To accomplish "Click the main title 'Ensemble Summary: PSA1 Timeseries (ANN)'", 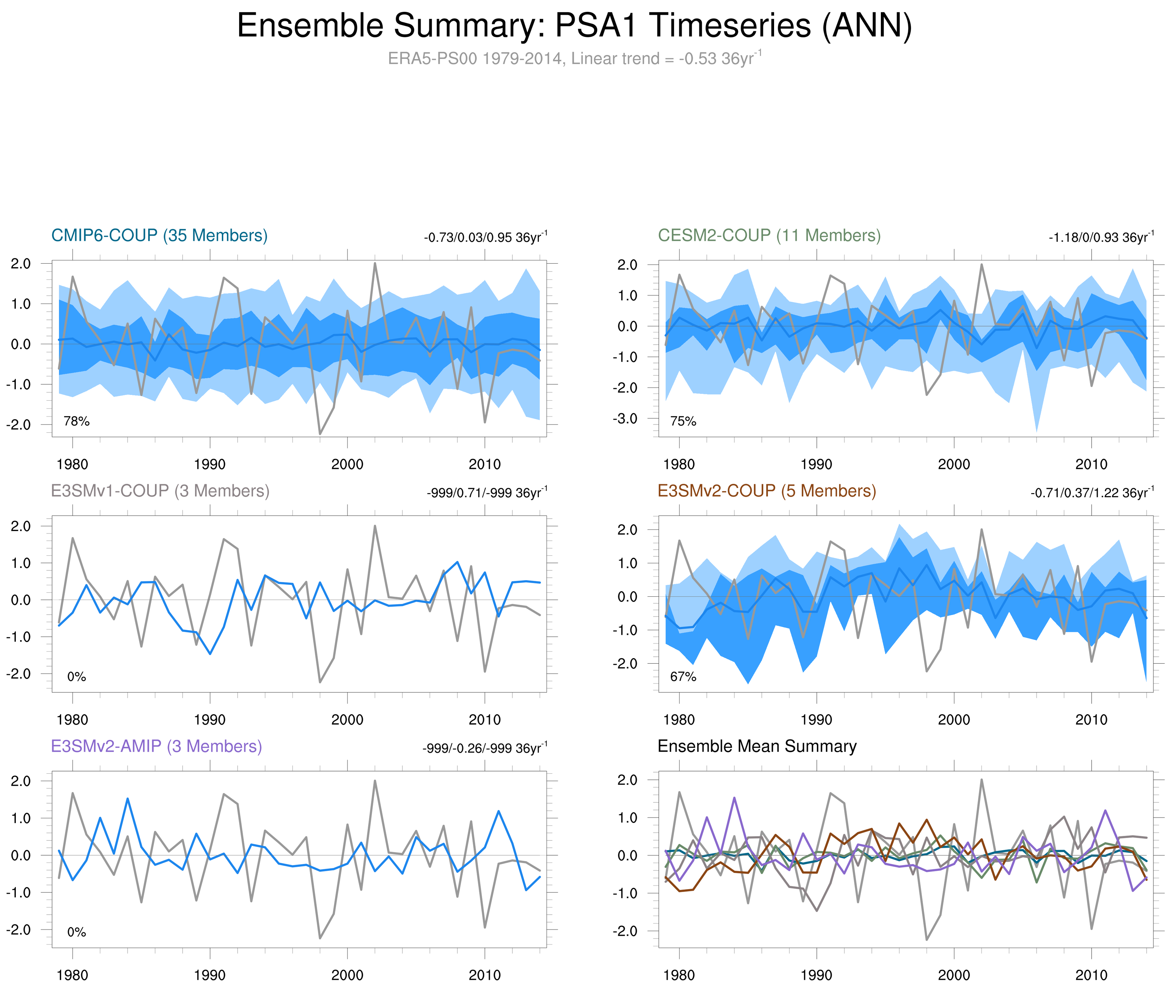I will (574, 26).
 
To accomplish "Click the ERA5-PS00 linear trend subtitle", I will (574, 59).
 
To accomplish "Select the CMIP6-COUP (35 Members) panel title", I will (159, 236).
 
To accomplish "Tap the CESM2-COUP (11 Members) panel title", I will (769, 236).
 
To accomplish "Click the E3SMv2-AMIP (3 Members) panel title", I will (156, 746).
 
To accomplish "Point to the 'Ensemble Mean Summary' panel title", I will (757, 746).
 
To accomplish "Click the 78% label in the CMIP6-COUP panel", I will (77, 421).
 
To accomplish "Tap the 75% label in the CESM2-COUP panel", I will (683, 421).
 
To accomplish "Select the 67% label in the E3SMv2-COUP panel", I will (683, 677).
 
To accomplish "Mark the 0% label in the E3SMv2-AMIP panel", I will (77, 932).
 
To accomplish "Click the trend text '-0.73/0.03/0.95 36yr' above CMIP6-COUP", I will (485, 237).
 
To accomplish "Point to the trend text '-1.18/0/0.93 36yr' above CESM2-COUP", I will (1100, 237).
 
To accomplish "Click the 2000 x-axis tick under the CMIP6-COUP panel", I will (347, 464).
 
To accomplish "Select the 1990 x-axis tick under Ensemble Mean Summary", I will (816, 975).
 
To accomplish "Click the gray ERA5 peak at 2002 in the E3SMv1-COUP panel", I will (375, 526).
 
